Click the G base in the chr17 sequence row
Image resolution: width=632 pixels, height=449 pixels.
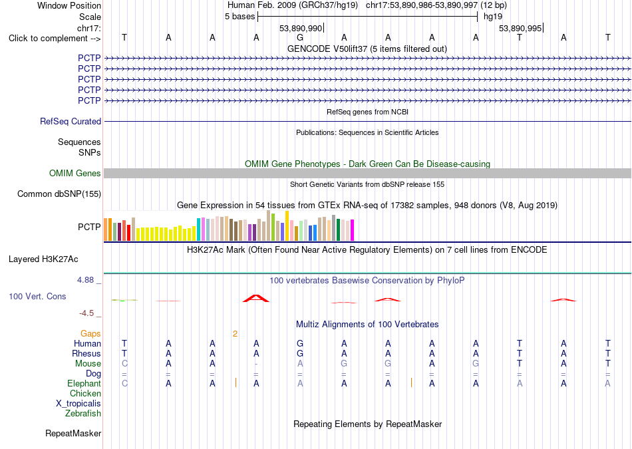pyautogui.click(x=300, y=38)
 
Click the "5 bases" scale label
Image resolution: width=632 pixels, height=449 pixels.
pyautogui.click(x=239, y=17)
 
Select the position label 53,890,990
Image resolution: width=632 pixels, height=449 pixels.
pyautogui.click(x=301, y=28)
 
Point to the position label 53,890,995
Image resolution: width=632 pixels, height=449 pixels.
pyautogui.click(x=520, y=28)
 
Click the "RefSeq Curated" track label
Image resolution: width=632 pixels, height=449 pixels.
pyautogui.click(x=71, y=121)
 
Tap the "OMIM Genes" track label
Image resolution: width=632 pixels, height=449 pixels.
pyautogui.click(x=75, y=174)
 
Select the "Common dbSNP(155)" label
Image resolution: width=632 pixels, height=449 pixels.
pyautogui.click(x=59, y=194)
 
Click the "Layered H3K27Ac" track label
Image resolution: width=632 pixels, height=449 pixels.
pyautogui.click(x=43, y=259)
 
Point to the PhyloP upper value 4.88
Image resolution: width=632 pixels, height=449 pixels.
pyautogui.click(x=85, y=280)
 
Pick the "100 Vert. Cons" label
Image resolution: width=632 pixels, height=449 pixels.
pyautogui.click(x=37, y=296)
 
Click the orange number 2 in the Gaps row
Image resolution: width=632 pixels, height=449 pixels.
pyautogui.click(x=235, y=334)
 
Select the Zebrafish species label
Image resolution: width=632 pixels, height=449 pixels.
pyautogui.click(x=83, y=414)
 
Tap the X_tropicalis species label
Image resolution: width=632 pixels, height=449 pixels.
pyautogui.click(x=79, y=404)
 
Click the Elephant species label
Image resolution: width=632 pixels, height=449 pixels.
pyautogui.click(x=84, y=383)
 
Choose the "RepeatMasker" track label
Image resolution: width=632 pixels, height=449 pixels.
pyautogui.click(x=73, y=434)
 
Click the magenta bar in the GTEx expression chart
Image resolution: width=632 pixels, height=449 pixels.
pyautogui.click(x=353, y=230)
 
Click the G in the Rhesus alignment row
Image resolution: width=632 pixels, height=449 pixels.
pyautogui.click(x=300, y=353)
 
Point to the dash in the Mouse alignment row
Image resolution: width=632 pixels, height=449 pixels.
pyautogui.click(x=256, y=364)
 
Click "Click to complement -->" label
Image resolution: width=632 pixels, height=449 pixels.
pyautogui.click(x=55, y=39)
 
